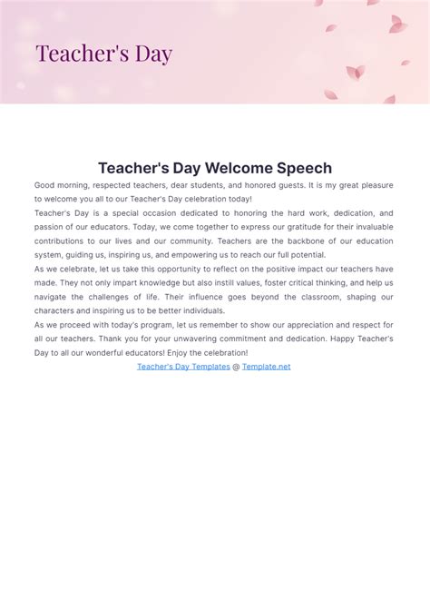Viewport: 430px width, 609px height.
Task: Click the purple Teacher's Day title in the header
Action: coord(103,54)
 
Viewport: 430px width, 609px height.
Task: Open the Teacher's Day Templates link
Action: coord(183,367)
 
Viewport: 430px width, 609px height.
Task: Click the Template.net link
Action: coord(266,367)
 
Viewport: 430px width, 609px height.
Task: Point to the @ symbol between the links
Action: coord(236,367)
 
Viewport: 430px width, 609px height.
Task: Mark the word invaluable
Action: coord(371,227)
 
